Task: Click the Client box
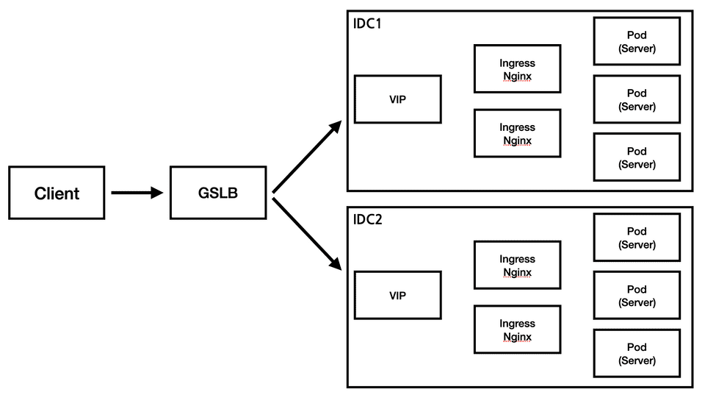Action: click(57, 193)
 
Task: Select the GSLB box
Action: click(218, 193)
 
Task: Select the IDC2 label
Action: click(367, 219)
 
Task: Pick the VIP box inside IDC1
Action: click(397, 99)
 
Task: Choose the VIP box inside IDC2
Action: click(397, 296)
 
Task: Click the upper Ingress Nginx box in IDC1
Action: click(517, 69)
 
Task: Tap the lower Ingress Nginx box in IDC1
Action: click(517, 133)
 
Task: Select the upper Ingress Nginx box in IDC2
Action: click(517, 266)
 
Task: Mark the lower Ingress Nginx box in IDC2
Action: click(517, 330)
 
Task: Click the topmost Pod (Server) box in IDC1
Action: click(637, 41)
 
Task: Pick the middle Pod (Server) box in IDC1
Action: click(637, 99)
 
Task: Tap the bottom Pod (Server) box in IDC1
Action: click(637, 157)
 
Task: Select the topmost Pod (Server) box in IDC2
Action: click(637, 238)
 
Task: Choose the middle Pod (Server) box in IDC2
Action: click(637, 296)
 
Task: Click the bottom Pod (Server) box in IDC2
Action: click(637, 354)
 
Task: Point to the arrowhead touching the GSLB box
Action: click(156, 193)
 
